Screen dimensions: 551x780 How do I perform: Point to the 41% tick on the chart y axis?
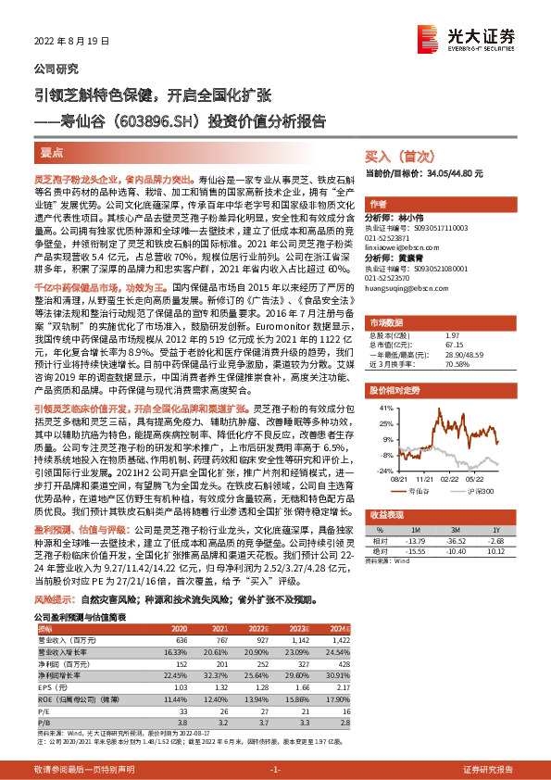pyautogui.click(x=385, y=406)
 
